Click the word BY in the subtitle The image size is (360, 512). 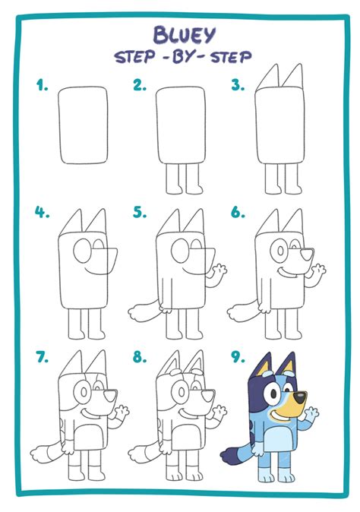(x=181, y=57)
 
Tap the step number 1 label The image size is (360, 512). (x=42, y=86)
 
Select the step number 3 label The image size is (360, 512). (x=238, y=86)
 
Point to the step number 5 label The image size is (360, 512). (x=140, y=213)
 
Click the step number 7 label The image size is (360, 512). (x=42, y=356)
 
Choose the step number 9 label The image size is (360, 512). (x=238, y=356)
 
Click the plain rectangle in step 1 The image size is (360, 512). (x=84, y=126)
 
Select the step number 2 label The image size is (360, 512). (x=140, y=86)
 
